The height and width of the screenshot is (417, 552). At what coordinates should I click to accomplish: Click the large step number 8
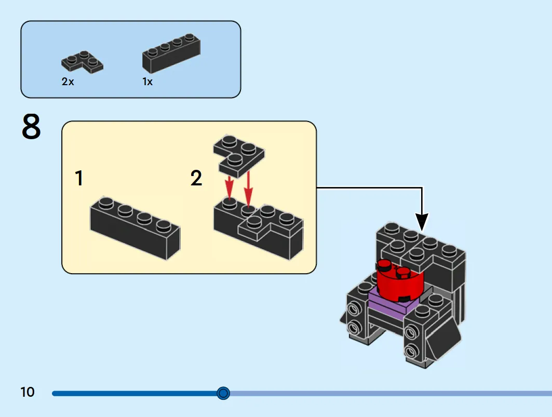(x=31, y=126)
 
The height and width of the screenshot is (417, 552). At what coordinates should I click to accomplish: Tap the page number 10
(x=28, y=392)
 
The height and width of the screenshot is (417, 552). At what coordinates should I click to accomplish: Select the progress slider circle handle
(x=223, y=393)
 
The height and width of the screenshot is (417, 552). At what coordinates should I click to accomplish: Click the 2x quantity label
(x=68, y=82)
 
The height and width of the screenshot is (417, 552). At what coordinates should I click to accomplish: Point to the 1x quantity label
(x=147, y=82)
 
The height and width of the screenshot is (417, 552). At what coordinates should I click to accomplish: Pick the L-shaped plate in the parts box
(x=82, y=62)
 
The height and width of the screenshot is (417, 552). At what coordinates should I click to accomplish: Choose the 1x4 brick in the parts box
(x=171, y=53)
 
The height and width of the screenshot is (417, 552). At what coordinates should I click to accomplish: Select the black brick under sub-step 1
(x=135, y=228)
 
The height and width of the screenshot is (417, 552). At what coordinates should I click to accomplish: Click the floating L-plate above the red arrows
(x=239, y=155)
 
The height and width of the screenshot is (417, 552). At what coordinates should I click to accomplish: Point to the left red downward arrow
(x=229, y=187)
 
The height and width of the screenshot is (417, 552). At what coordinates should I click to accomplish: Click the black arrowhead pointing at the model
(x=422, y=221)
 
